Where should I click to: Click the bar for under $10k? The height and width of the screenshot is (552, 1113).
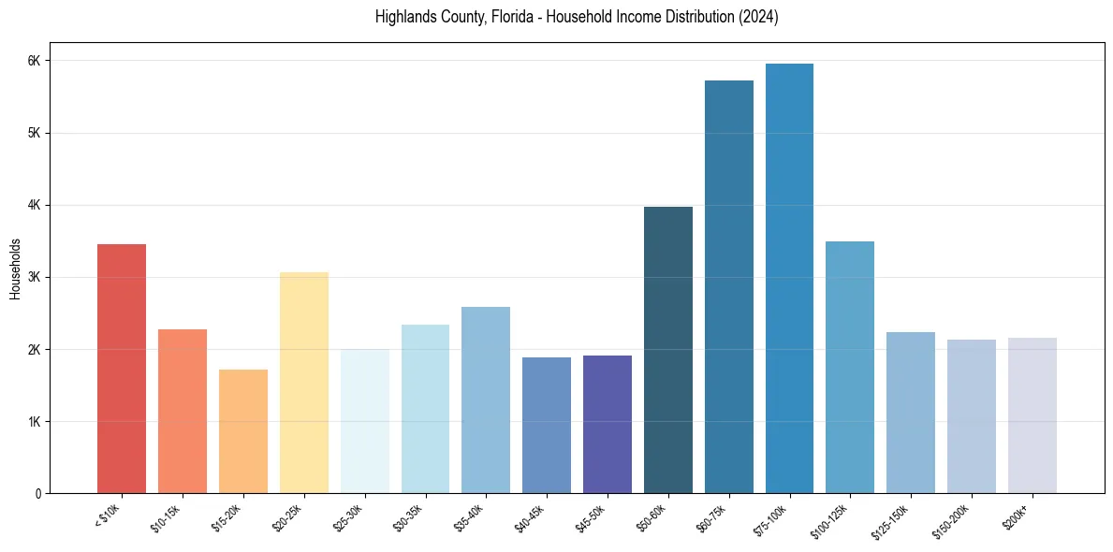tap(122, 369)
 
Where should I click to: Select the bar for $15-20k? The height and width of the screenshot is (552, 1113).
tap(242, 431)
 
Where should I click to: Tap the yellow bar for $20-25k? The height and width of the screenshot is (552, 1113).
tap(303, 383)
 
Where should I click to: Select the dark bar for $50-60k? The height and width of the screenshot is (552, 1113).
tap(667, 350)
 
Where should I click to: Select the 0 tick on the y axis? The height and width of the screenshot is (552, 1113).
tap(37, 494)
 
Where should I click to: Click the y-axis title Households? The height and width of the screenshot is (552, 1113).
tap(16, 269)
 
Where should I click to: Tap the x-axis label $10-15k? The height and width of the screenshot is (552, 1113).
tap(167, 516)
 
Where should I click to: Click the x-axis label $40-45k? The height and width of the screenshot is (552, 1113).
tap(530, 516)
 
